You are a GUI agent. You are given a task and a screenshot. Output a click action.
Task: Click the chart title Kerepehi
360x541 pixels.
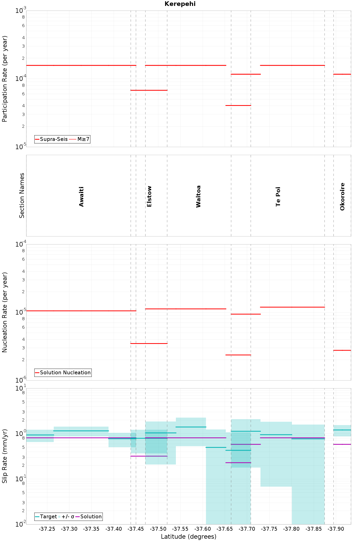tap(180, 4)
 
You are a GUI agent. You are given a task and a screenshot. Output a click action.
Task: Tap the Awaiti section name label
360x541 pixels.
tap(82, 197)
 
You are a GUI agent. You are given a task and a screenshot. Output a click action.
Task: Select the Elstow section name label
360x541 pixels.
tap(149, 197)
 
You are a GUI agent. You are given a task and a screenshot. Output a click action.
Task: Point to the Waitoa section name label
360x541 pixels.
tap(198, 197)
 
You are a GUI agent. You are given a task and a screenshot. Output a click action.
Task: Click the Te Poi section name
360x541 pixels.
tap(278, 197)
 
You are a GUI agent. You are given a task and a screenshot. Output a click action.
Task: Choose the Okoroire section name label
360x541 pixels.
tap(342, 197)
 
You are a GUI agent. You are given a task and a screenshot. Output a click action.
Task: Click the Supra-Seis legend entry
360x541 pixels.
tap(51, 139)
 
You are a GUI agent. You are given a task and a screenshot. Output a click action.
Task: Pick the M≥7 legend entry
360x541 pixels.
tap(79, 139)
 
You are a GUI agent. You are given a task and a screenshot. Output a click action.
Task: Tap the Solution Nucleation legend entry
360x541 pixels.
tap(63, 373)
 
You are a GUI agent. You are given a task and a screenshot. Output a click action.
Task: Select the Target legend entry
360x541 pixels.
tap(46, 517)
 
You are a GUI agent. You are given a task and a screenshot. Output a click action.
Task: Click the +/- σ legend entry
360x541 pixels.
tap(66, 517)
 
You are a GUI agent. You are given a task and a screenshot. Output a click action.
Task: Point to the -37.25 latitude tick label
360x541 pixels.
tap(47, 529)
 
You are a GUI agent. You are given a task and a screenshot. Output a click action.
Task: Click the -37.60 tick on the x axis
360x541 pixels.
tap(203, 529)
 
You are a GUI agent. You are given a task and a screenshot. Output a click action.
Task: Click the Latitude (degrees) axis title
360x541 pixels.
tap(189, 537)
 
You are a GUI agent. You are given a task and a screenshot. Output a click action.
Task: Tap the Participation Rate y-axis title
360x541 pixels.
tap(5, 79)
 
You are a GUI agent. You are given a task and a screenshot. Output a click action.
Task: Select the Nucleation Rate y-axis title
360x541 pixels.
tap(5, 312)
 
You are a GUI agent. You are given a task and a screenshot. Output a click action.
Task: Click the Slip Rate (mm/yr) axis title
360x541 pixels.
tap(5, 456)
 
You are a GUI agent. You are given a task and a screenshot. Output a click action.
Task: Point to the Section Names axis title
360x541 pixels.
tap(22, 196)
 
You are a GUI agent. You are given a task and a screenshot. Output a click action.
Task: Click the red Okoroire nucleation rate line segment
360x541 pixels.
tap(342, 350)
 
